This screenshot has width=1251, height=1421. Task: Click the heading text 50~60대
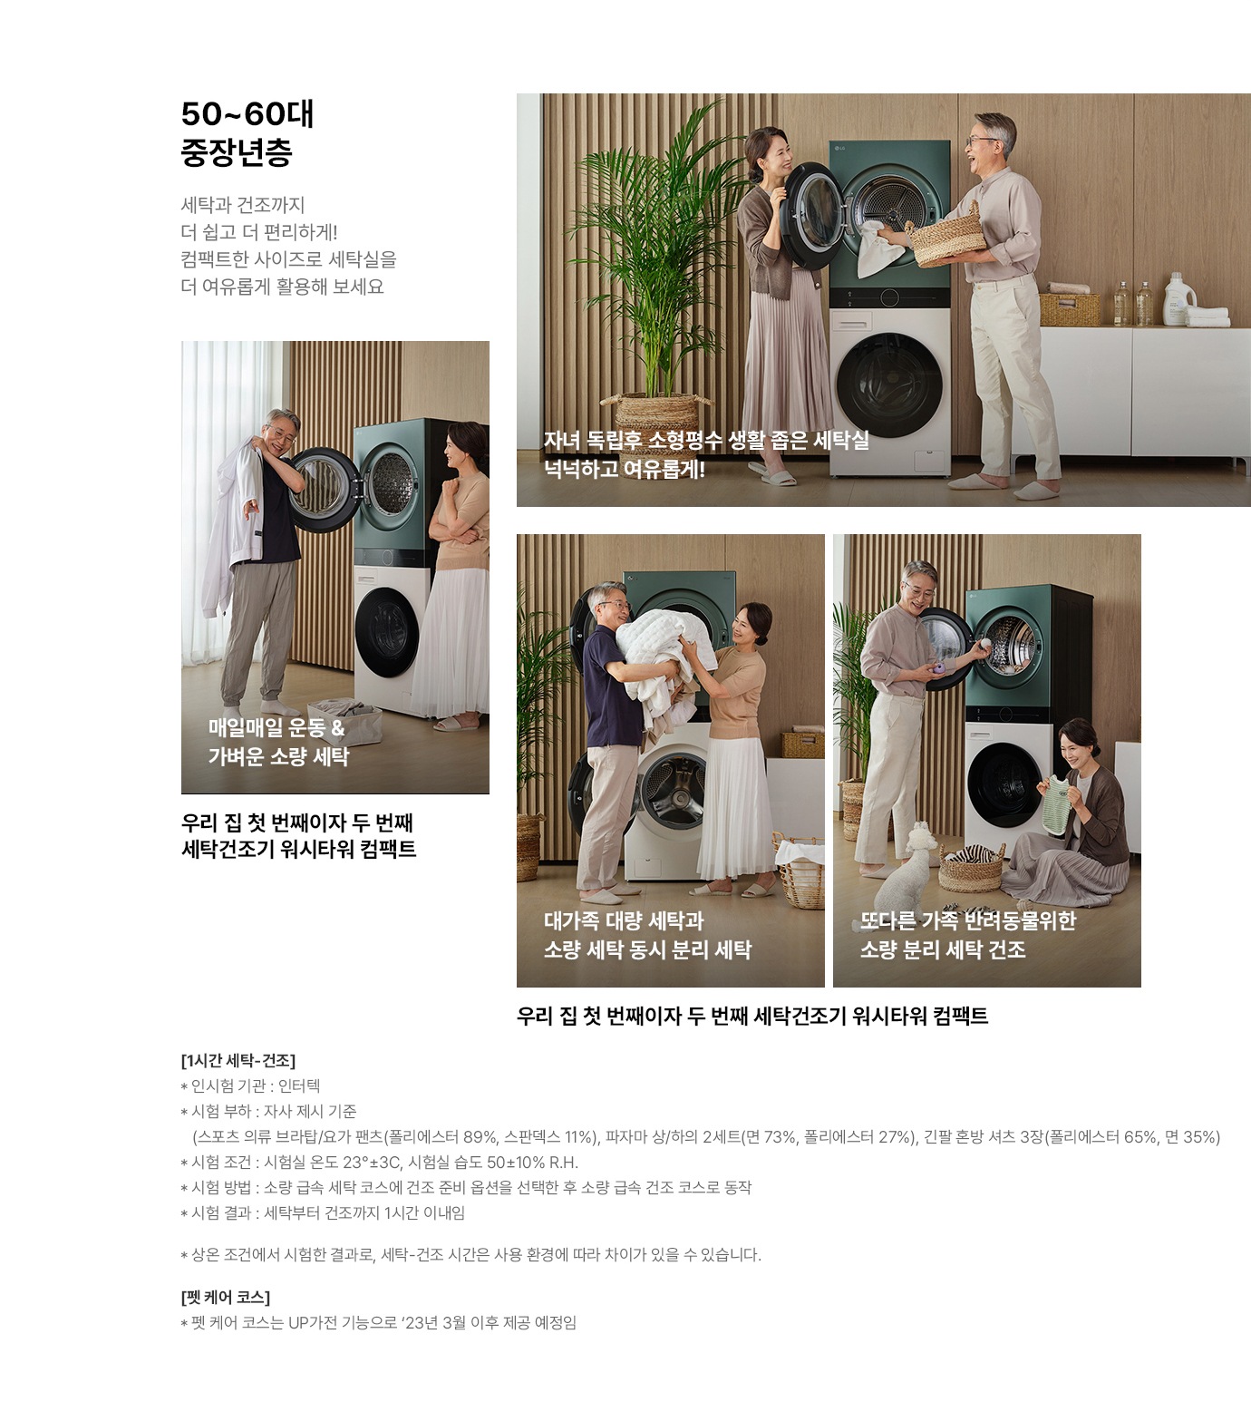(247, 114)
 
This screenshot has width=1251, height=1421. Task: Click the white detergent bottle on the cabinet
(1176, 298)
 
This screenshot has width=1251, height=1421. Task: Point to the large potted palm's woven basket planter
(650, 413)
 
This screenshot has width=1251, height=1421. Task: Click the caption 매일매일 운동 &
(276, 727)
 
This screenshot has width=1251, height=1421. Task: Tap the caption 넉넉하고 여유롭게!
(624, 469)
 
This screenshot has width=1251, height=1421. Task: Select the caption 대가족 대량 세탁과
(624, 920)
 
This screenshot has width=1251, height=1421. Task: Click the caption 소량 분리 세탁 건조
(943, 949)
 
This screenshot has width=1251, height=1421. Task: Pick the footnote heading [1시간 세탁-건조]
(238, 1060)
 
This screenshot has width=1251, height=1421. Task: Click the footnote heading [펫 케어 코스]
(226, 1298)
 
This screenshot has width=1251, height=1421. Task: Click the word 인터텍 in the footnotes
(299, 1085)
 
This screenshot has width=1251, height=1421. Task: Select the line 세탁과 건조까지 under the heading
(243, 205)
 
